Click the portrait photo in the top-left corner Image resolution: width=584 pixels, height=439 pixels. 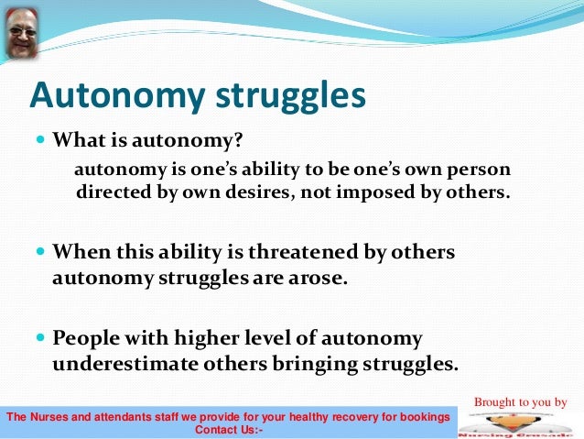(x=23, y=35)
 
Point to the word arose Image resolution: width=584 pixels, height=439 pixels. (x=321, y=278)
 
